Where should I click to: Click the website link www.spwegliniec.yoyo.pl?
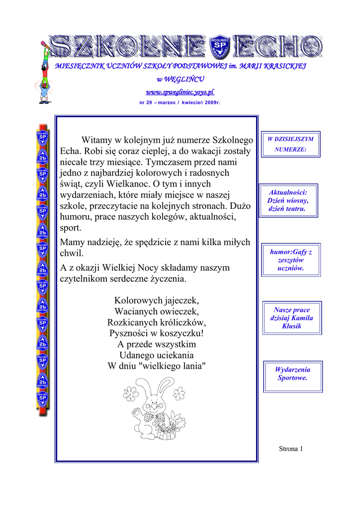coord(180,92)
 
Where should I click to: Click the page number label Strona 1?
coord(291,449)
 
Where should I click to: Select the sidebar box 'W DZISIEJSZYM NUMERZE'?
coord(291,144)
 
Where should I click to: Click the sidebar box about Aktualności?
coord(288,200)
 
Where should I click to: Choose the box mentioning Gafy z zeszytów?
coord(291,260)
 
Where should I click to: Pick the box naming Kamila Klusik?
coord(292,318)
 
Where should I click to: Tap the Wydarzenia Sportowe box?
coord(292,373)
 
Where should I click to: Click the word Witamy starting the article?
coord(97,140)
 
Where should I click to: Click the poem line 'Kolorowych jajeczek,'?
coord(157,300)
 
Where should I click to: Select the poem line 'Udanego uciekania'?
coord(157,355)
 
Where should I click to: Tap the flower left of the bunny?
coord(130,392)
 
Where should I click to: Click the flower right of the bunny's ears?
coord(179,393)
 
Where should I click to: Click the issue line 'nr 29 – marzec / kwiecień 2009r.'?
coord(180,102)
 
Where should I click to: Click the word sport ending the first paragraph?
coord(70,228)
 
